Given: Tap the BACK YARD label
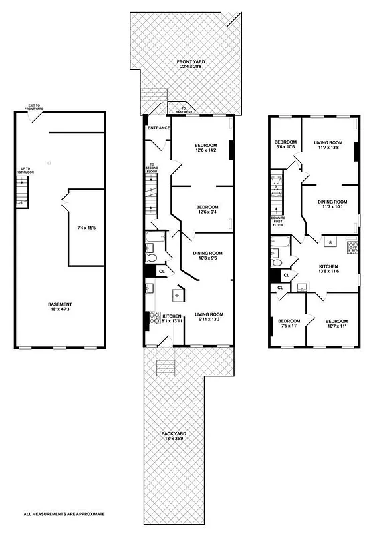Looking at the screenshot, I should pyautogui.click(x=174, y=436).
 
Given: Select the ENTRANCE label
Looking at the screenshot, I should pyautogui.click(x=159, y=127).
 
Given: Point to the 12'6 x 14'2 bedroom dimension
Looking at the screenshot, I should pyautogui.click(x=205, y=151).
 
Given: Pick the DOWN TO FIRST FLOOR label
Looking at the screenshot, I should pyautogui.click(x=279, y=222).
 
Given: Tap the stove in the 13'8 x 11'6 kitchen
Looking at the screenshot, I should pyautogui.click(x=352, y=246).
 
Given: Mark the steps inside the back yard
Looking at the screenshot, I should pyautogui.click(x=164, y=368).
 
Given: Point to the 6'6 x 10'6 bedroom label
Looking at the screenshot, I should pyautogui.click(x=285, y=144).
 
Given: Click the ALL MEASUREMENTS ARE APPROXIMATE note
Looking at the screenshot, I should pyautogui.click(x=65, y=514).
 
